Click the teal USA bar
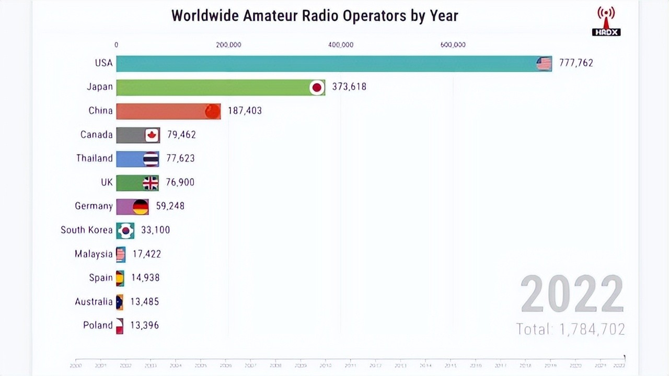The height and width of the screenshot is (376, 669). pos(324,63)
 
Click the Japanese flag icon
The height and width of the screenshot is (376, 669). pos(316,87)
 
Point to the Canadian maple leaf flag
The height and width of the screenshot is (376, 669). pos(152,135)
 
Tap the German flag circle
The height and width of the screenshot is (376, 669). pos(141,206)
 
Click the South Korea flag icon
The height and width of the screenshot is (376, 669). pos(125,230)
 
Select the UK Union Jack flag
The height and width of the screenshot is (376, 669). pos(151,183)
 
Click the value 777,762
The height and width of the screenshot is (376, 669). pos(576,63)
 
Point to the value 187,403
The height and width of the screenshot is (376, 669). pos(245,111)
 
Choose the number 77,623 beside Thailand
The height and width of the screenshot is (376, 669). pos(181,158)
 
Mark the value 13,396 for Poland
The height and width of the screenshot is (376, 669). pos(144,325)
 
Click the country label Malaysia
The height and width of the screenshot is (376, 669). pos(94,254)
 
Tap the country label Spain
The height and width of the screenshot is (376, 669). pos(100,278)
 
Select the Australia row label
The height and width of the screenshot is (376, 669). pos(94,301)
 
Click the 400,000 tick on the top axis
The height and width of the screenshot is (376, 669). pos(341,45)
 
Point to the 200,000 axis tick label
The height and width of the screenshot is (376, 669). pos(228,45)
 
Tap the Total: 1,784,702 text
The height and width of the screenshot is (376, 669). pos(570,329)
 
